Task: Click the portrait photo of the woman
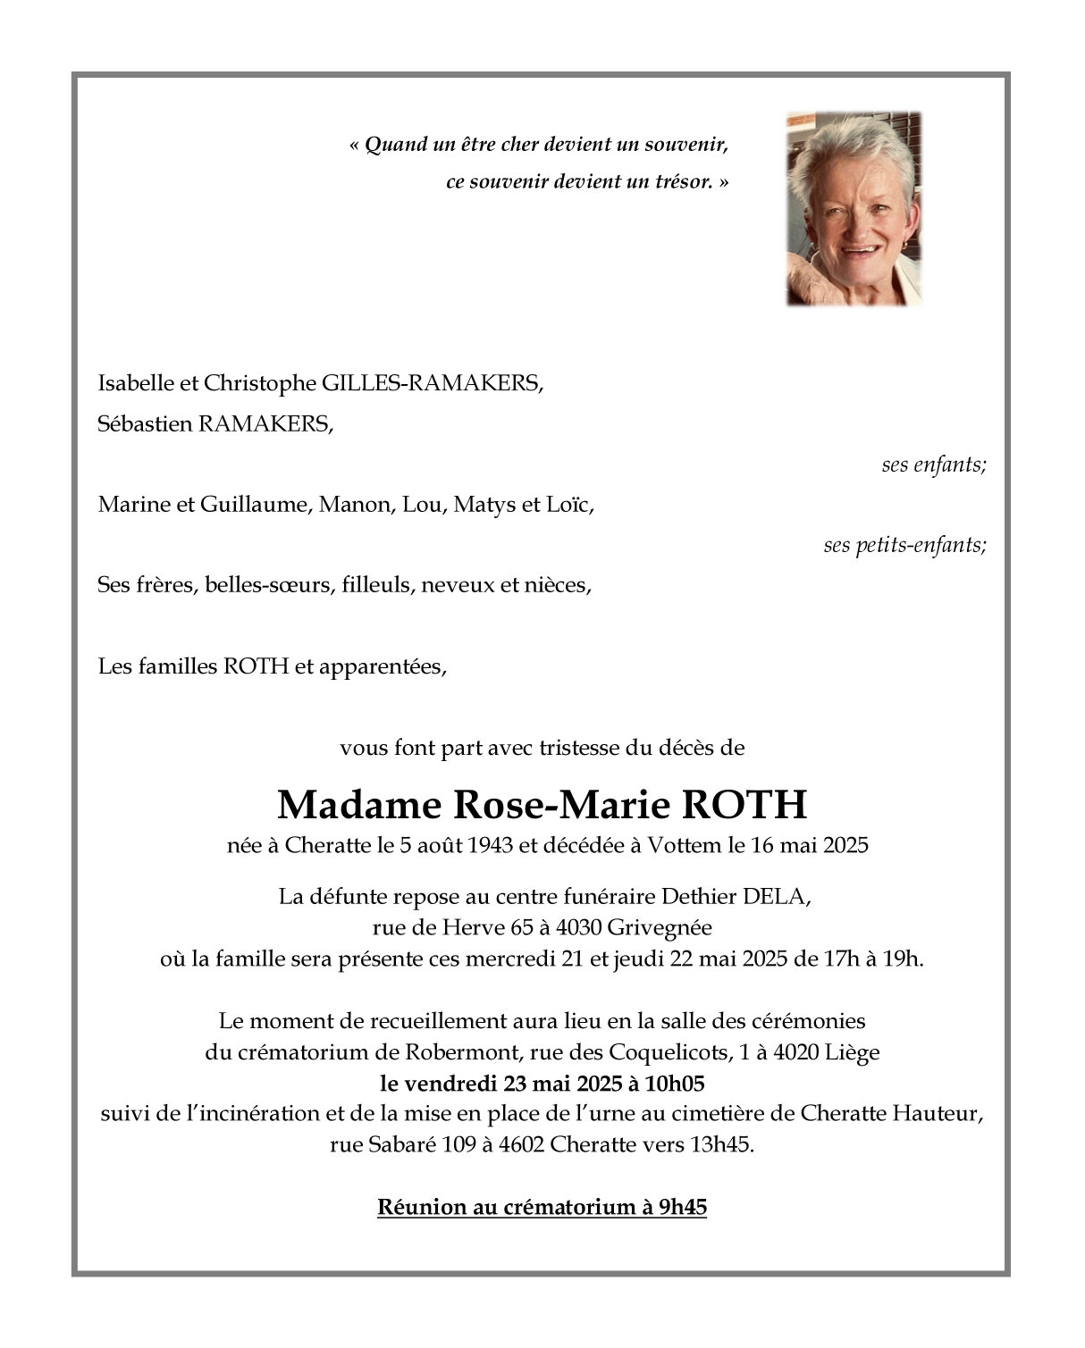tap(854, 208)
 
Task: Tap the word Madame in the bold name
tap(359, 805)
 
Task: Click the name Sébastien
tap(145, 423)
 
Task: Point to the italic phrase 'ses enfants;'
tap(933, 465)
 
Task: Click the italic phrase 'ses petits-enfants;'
tap(904, 545)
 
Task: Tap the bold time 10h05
tap(675, 1084)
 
